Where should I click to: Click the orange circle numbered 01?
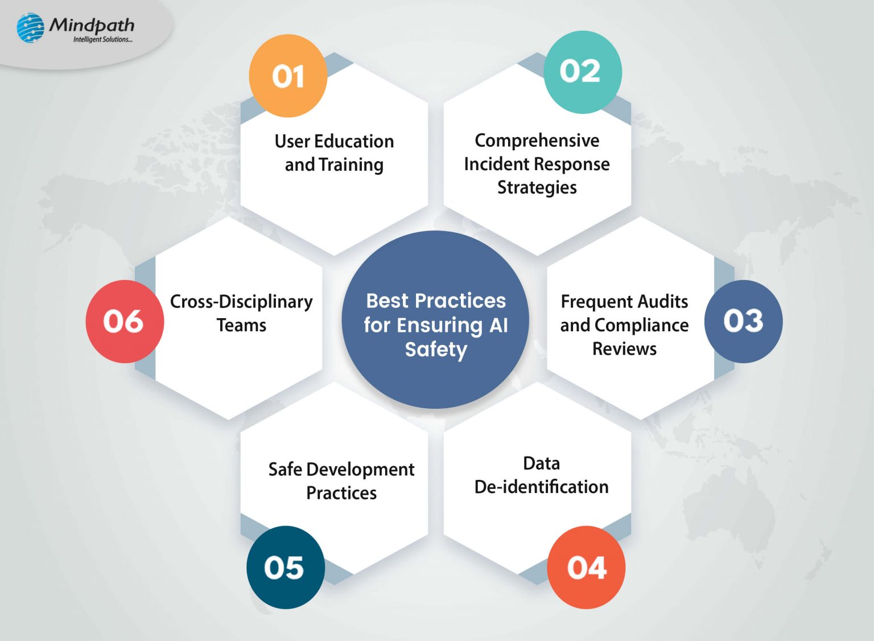click(x=288, y=76)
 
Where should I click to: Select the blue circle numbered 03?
click(x=743, y=321)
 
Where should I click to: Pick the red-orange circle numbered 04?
click(x=586, y=568)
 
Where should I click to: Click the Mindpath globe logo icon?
click(x=30, y=28)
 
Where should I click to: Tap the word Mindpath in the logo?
click(x=92, y=24)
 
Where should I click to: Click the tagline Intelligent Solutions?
click(x=102, y=39)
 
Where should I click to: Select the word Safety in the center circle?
click(x=436, y=349)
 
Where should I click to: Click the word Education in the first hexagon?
click(x=354, y=141)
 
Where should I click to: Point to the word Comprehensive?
click(x=537, y=140)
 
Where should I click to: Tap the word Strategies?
click(x=537, y=187)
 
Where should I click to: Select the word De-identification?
click(x=541, y=487)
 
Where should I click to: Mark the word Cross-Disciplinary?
click(x=241, y=301)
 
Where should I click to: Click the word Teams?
click(x=241, y=325)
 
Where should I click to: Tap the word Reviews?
click(x=624, y=348)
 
